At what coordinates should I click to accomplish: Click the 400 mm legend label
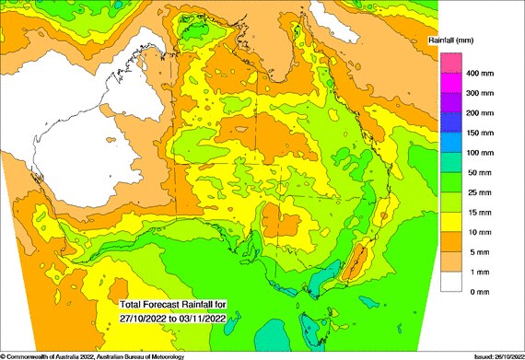(x=484, y=73)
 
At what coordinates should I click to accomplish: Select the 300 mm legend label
(x=484, y=93)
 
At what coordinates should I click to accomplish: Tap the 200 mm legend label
(x=484, y=112)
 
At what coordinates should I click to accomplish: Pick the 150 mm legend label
(x=484, y=133)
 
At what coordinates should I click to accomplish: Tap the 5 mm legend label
(x=480, y=251)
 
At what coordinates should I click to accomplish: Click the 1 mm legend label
(x=480, y=272)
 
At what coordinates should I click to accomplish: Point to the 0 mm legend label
(x=480, y=291)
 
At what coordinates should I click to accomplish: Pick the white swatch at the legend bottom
(x=449, y=281)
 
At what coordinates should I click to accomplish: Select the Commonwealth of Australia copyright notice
(x=92, y=355)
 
